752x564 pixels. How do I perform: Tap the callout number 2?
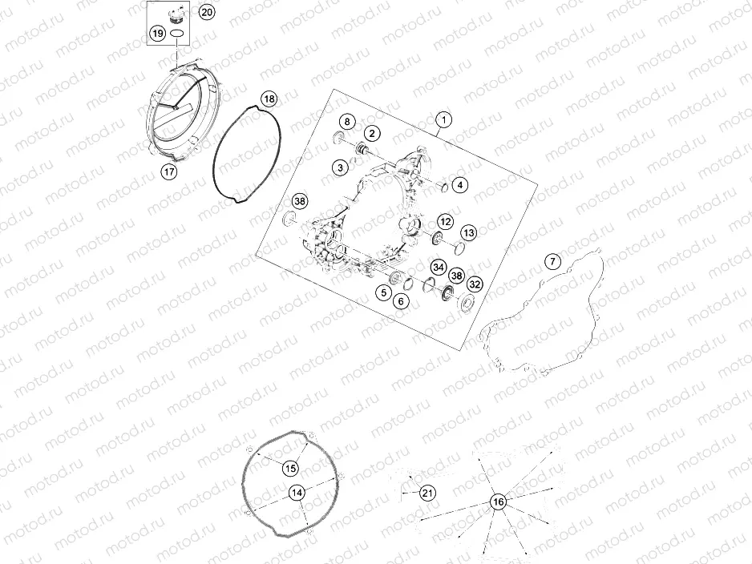373,132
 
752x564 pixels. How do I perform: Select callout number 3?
342,167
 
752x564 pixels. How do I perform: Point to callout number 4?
459,185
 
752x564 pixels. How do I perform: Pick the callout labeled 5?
385,293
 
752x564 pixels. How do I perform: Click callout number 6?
401,300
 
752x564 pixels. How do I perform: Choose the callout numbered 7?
552,261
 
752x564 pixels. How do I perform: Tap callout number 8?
346,122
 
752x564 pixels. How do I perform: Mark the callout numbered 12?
445,221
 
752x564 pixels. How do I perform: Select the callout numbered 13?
468,232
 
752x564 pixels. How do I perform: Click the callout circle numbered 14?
297,493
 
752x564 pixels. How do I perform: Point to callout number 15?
289,468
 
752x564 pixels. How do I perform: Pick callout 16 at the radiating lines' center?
498,502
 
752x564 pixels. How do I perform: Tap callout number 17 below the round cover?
168,171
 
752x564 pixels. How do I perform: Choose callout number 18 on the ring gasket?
269,99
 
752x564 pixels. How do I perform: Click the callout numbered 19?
158,34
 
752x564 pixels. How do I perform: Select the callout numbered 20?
206,12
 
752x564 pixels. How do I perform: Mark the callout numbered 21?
427,493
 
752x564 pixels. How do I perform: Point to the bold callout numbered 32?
475,284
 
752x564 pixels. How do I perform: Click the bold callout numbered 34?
438,267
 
